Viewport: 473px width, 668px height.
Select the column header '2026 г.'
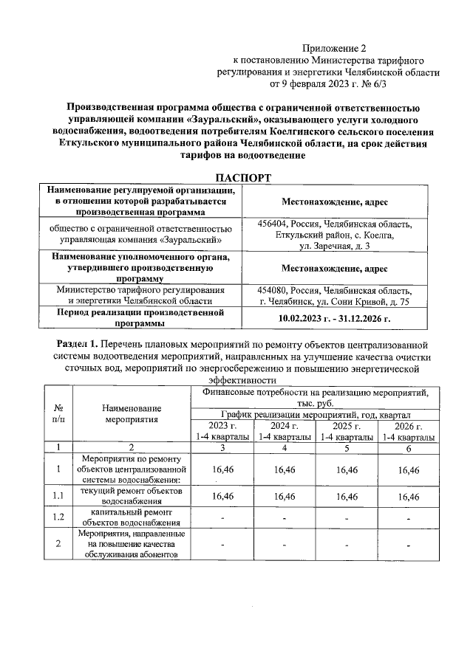(x=409, y=427)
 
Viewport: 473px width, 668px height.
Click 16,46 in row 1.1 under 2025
(x=347, y=497)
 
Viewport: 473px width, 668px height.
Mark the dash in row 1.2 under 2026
(x=409, y=517)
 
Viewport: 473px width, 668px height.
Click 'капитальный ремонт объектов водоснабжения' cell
(x=132, y=517)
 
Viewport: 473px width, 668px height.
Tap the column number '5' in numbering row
(x=347, y=447)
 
